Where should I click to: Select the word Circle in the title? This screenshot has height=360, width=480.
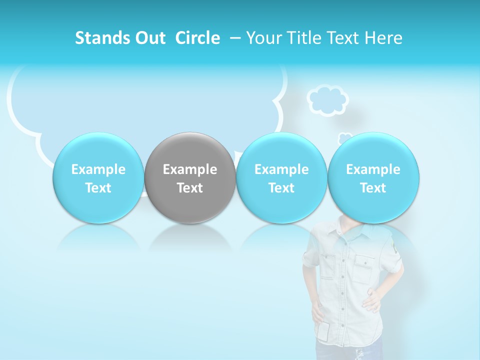[197, 38]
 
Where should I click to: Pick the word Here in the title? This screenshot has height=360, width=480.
[383, 38]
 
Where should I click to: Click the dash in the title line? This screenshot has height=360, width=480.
[234, 38]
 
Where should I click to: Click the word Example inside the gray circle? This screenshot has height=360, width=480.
[190, 169]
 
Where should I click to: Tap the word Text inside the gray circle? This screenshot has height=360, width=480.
[190, 188]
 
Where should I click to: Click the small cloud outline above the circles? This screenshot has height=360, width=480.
[327, 100]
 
